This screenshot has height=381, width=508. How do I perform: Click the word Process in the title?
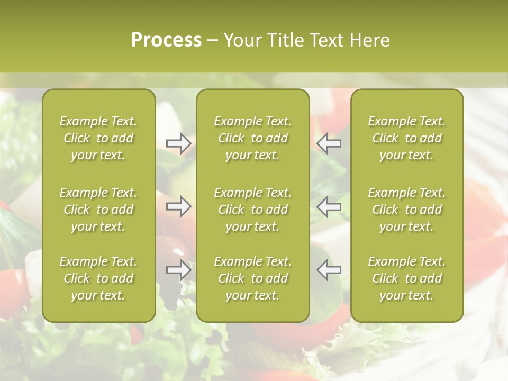[x=166, y=40]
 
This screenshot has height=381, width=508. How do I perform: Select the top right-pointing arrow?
[x=179, y=143]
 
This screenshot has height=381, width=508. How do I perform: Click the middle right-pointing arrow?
[x=179, y=206]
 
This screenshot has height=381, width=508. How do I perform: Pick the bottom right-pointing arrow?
[x=179, y=269]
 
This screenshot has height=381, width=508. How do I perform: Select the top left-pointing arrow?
[x=329, y=143]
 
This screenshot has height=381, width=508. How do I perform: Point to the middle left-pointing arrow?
[x=329, y=206]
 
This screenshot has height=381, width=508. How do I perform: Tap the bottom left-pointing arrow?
[x=329, y=269]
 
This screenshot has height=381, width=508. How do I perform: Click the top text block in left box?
[x=98, y=138]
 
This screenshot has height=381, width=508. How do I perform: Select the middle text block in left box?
[x=98, y=210]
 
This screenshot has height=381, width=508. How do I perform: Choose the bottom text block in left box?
[x=98, y=278]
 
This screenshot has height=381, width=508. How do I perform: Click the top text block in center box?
[x=252, y=138]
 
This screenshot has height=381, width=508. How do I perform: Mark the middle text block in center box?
[x=252, y=210]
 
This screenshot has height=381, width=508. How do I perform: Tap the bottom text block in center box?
[x=252, y=278]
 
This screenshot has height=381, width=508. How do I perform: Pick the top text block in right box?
[x=406, y=138]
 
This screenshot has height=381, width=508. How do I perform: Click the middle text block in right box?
[x=406, y=210]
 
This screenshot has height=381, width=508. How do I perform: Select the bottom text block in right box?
[x=406, y=278]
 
